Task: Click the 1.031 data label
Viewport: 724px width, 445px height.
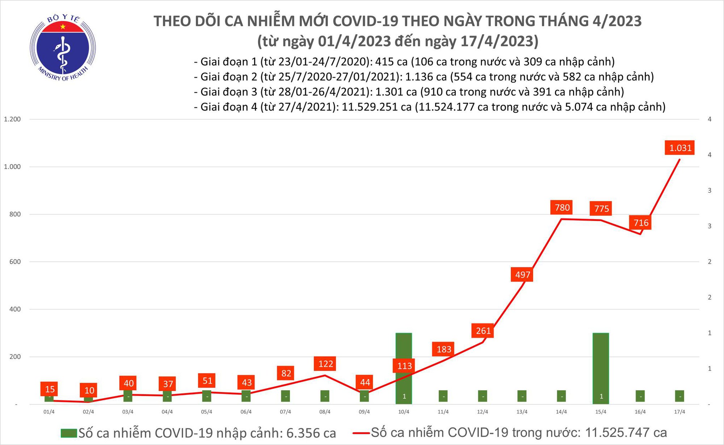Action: click(x=680, y=148)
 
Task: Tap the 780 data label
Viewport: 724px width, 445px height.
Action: click(x=562, y=207)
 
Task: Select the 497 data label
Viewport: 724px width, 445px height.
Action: click(x=522, y=275)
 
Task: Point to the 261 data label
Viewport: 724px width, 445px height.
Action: click(x=483, y=331)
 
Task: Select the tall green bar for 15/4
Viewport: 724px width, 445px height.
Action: click(x=601, y=361)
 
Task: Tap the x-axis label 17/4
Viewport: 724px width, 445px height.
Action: click(x=679, y=412)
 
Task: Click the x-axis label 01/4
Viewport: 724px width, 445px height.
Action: click(x=49, y=412)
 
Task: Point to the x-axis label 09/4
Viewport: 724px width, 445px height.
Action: click(x=364, y=412)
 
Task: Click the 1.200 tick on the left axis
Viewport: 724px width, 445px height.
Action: click(x=12, y=119)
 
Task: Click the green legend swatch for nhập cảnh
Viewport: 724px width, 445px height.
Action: click(x=69, y=433)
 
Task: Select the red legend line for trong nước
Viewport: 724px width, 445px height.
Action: click(x=361, y=433)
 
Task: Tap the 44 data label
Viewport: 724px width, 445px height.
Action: click(x=365, y=382)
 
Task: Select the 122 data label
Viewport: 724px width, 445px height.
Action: click(x=325, y=364)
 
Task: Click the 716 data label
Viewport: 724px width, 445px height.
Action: click(x=641, y=223)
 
